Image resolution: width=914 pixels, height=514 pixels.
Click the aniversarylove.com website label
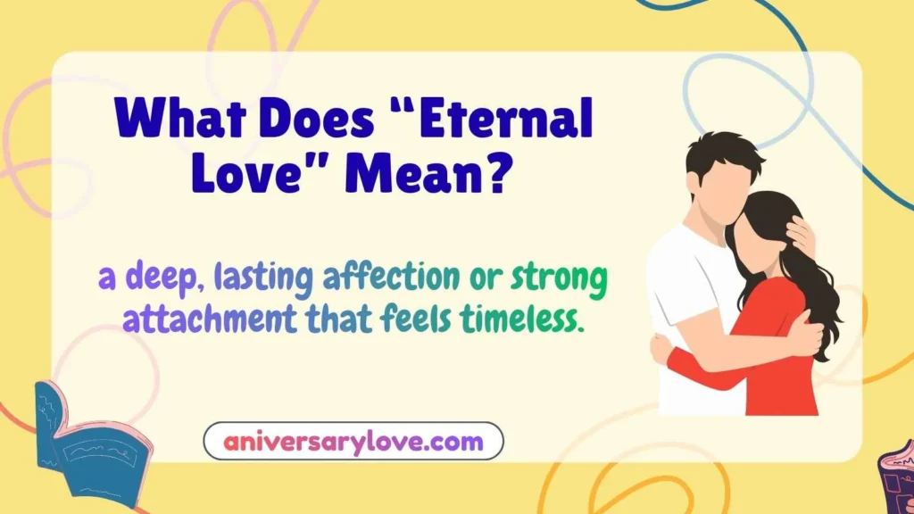353,441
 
